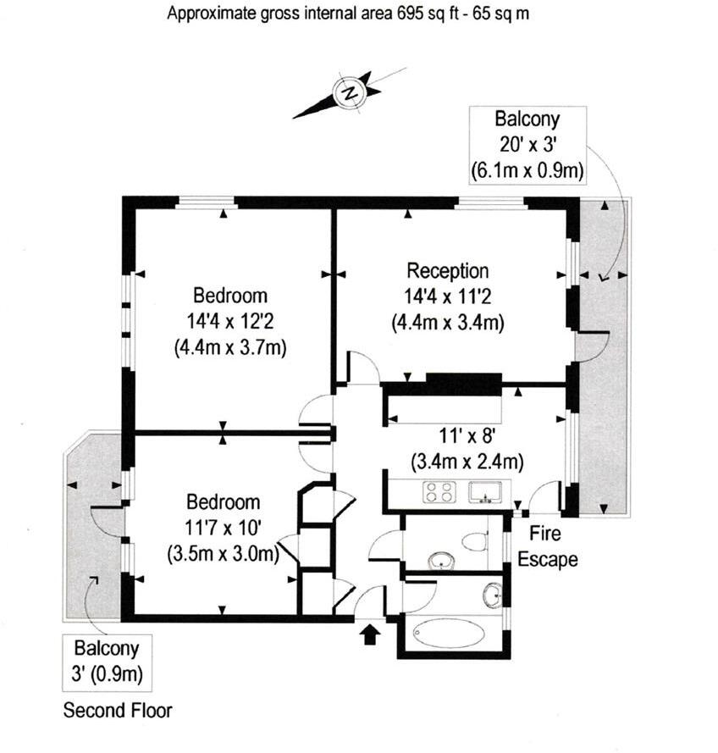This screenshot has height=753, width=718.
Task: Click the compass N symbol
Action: click(348, 92)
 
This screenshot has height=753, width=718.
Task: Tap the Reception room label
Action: click(448, 271)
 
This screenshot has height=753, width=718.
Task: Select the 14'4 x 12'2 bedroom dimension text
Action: click(230, 322)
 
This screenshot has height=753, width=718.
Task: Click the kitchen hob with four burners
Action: click(439, 491)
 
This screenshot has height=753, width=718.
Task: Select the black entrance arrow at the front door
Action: click(370, 634)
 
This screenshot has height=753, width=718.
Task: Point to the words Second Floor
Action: click(118, 709)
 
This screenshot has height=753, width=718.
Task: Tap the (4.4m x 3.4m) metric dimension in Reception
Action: click(448, 322)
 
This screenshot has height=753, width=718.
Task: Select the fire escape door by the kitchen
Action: click(544, 497)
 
